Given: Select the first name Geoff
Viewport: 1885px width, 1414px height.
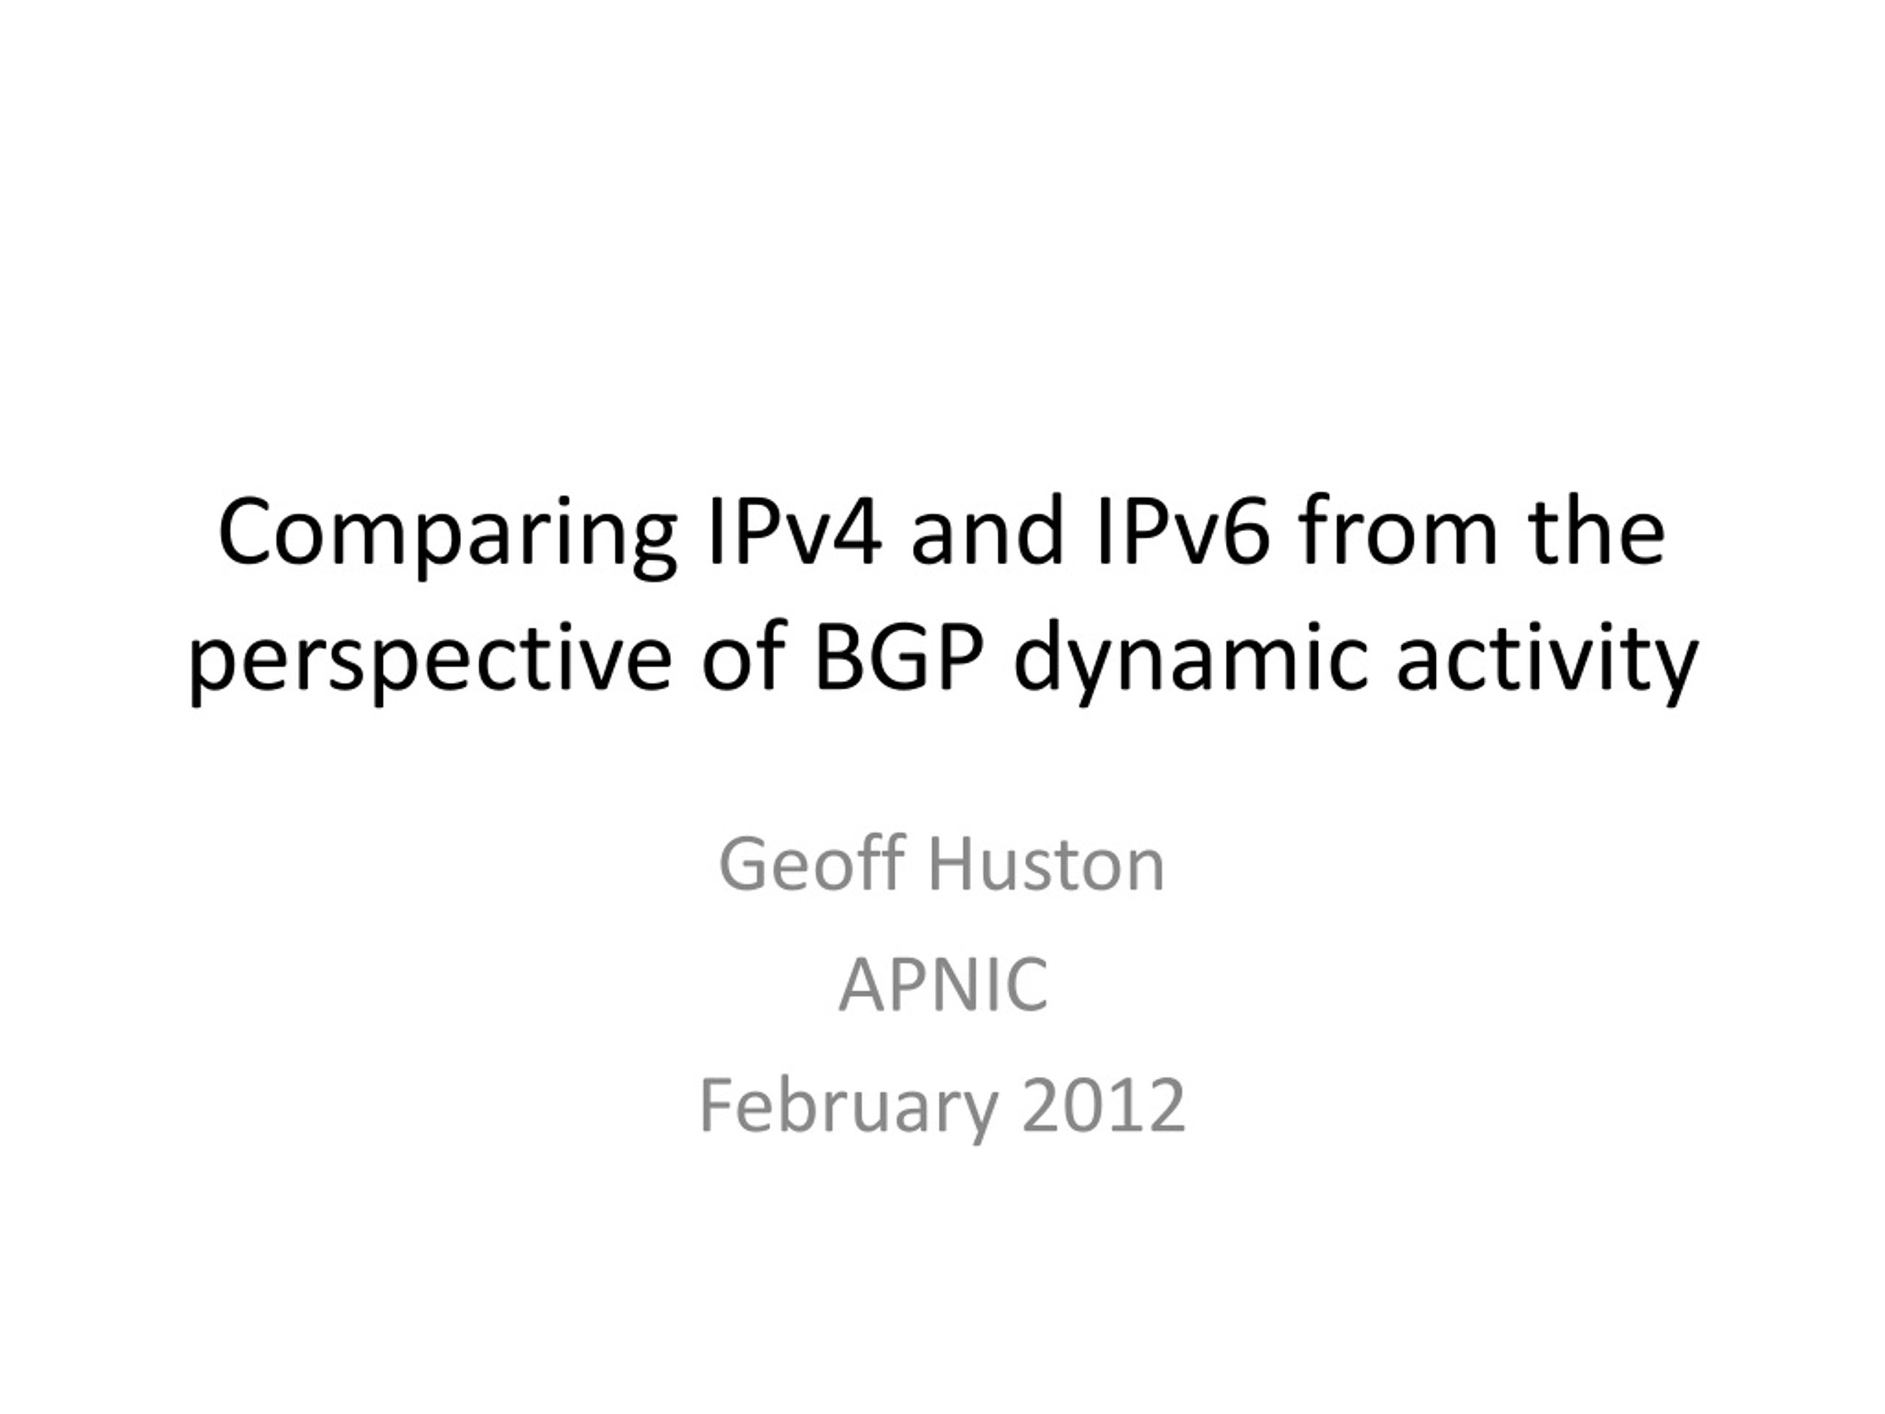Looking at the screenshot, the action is click(x=811, y=865).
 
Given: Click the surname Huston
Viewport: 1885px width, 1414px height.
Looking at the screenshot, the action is click(x=1046, y=865).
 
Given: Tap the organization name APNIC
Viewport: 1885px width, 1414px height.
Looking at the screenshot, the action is click(x=942, y=985).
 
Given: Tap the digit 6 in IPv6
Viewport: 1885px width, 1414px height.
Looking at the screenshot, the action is click(x=1245, y=532).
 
